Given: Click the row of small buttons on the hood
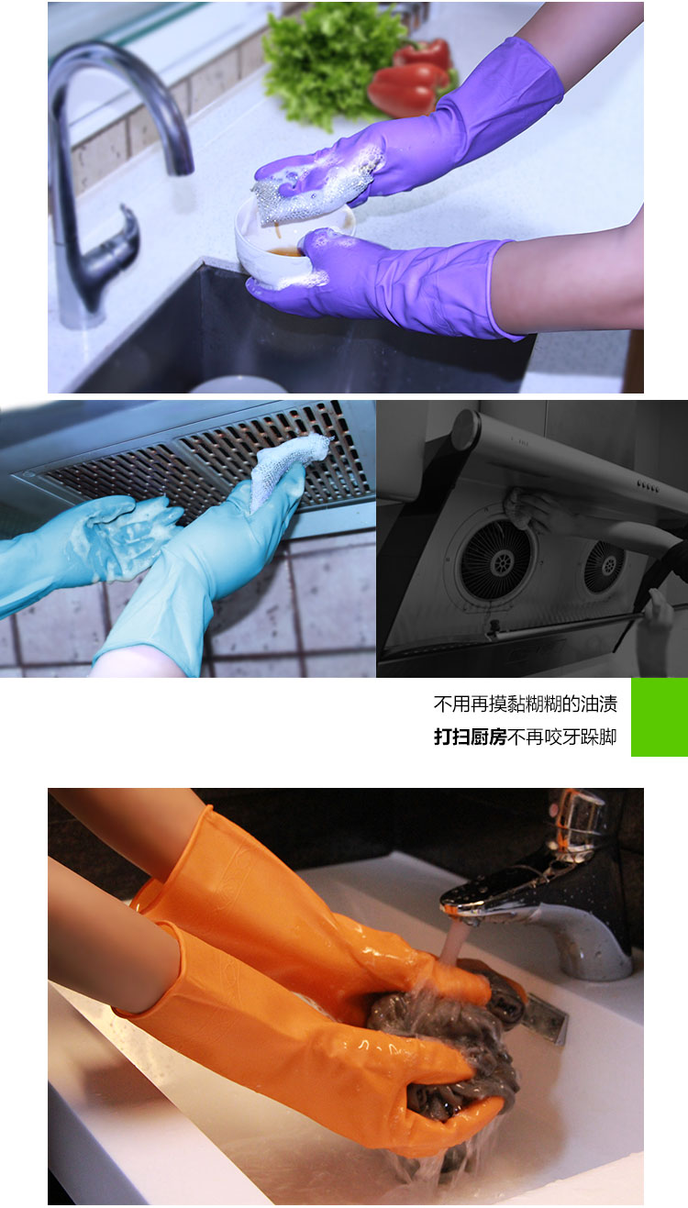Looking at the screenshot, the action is coord(648,486).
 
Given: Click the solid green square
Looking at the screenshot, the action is coord(660,716).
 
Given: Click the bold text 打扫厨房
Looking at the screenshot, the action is coord(471,737).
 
